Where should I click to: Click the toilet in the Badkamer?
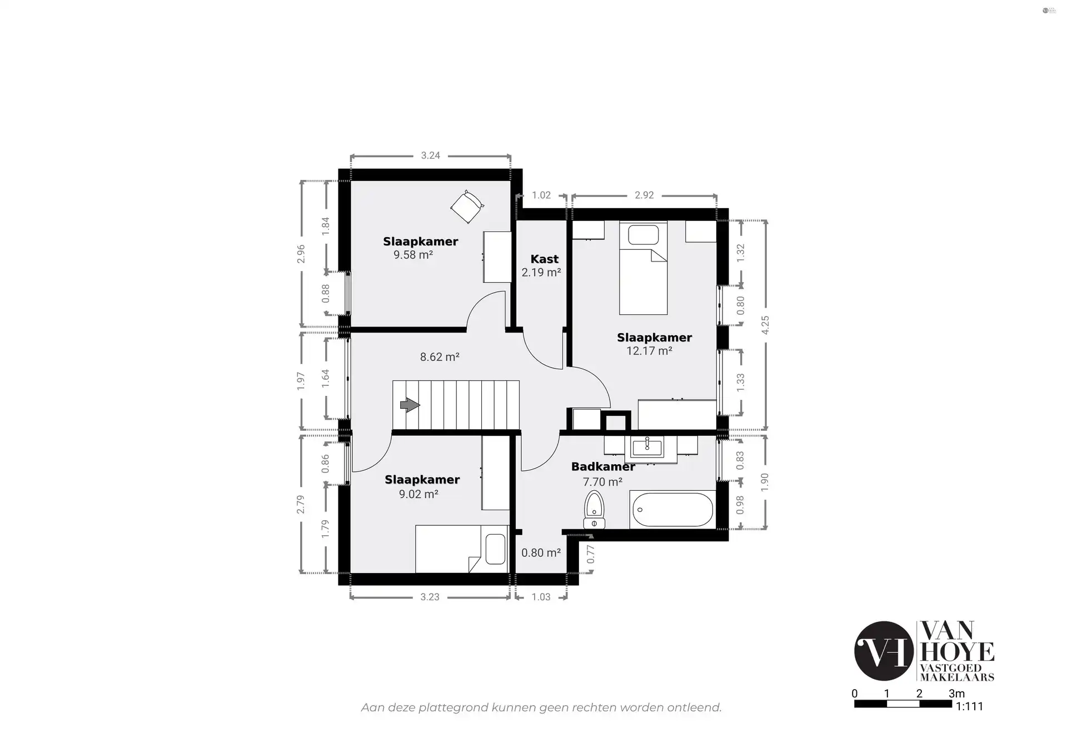click(x=594, y=509)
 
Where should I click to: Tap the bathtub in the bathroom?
click(x=672, y=510)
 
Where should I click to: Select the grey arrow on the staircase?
click(x=410, y=405)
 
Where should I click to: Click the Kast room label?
click(x=544, y=259)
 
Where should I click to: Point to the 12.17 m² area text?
click(x=649, y=351)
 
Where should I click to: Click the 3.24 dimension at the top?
click(x=430, y=155)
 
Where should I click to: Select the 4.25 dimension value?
click(x=765, y=325)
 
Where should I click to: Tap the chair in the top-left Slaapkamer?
click(x=467, y=207)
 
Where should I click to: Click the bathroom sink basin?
click(x=647, y=445)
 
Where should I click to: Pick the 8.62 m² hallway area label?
click(x=439, y=357)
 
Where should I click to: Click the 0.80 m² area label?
click(x=541, y=553)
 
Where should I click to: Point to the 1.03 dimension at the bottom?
click(x=541, y=597)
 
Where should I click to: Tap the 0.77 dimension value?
click(x=591, y=554)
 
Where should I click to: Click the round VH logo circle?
click(x=884, y=651)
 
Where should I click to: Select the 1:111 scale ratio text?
click(x=969, y=706)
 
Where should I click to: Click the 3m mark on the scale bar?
click(x=956, y=693)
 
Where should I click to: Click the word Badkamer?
click(x=603, y=466)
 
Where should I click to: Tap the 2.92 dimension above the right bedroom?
click(x=644, y=195)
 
